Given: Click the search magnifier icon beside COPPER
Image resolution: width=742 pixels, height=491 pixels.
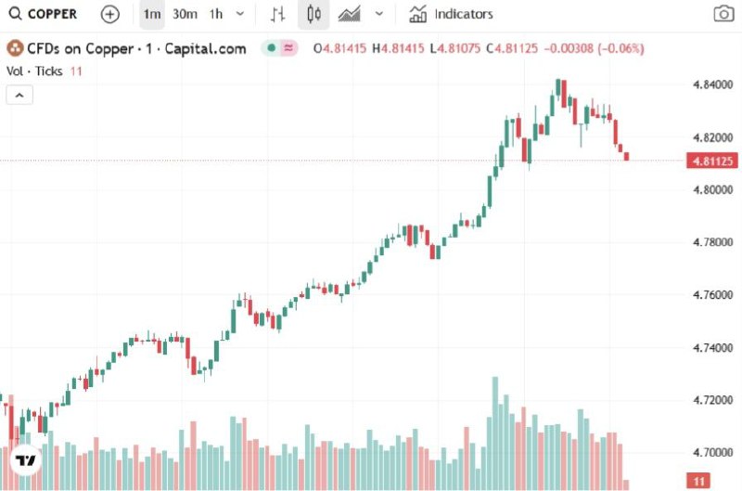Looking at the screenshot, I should (x=15, y=14).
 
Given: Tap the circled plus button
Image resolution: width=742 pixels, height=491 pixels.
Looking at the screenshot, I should (x=110, y=14).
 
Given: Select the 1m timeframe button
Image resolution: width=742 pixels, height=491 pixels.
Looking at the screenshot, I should (x=151, y=14).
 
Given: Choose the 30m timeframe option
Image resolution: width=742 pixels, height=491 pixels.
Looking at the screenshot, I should (x=185, y=14).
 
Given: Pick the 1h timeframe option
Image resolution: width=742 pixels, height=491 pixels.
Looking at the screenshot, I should (x=216, y=14).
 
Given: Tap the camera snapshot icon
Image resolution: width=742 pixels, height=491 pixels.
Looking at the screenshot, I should (x=723, y=14).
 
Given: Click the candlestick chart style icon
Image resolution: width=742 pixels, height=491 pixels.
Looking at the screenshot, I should (x=313, y=14).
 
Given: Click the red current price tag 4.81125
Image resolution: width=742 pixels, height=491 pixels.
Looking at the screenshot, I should (x=710, y=162).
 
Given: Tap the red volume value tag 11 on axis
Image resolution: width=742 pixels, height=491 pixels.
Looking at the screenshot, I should (x=698, y=481).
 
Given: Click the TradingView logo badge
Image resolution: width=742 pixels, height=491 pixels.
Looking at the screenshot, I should (x=25, y=460).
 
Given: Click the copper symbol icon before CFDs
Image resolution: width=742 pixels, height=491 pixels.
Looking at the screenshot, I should (x=14, y=46).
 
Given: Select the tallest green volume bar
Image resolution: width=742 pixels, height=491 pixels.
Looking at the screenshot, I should (x=495, y=432).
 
